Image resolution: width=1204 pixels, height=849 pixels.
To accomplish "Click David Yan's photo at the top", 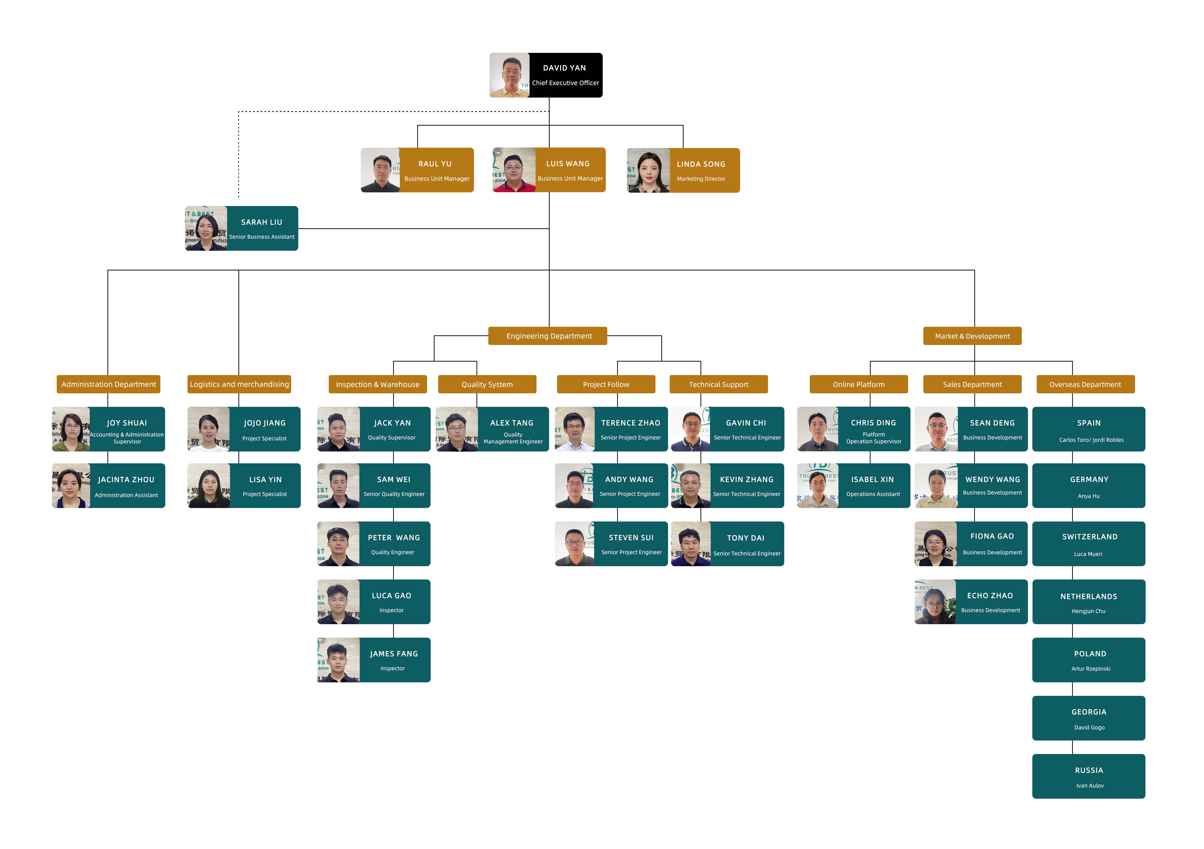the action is (x=509, y=75).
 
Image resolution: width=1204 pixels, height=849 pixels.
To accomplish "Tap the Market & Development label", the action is (x=972, y=336).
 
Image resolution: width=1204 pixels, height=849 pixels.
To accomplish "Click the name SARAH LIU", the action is (x=262, y=222).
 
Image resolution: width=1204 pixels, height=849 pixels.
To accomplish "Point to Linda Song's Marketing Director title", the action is (x=701, y=179).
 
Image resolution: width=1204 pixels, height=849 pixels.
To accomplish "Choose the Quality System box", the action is (x=487, y=384).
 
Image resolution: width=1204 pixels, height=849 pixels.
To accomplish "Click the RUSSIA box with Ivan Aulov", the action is (x=1089, y=776).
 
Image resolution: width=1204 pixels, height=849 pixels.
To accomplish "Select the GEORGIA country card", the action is (x=1089, y=718).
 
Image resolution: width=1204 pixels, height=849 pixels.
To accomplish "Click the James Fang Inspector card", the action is (x=374, y=660).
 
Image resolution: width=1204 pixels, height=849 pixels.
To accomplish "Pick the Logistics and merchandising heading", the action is (x=239, y=384).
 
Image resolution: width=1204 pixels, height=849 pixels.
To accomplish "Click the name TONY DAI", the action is (x=746, y=538).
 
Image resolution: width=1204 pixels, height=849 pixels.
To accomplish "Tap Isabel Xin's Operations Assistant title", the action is (x=873, y=494).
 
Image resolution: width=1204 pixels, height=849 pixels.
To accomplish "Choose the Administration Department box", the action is (x=109, y=384).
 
